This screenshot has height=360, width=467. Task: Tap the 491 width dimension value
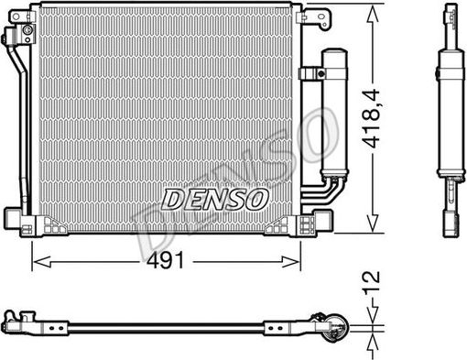coord(168,259)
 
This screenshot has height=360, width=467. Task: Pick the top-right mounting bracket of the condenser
coord(314,16)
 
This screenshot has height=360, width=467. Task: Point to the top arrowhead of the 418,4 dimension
coord(371,11)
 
